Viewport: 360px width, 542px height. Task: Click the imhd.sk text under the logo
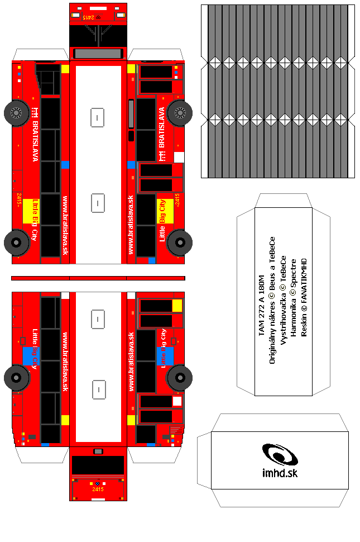279,473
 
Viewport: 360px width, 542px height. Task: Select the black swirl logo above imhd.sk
280,454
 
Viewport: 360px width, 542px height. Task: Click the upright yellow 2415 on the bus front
98,489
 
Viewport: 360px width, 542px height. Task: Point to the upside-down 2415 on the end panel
89,17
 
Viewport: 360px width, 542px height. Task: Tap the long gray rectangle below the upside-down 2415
98,54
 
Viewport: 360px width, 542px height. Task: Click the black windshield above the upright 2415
98,465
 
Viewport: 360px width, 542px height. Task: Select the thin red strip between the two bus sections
98,278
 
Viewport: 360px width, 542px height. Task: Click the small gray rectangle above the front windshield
98,451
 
